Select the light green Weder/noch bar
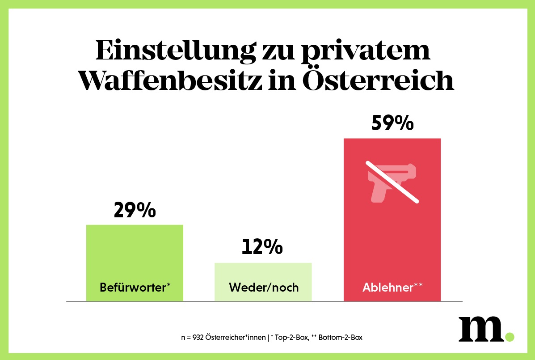pyautogui.click(x=263, y=273)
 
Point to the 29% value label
pyautogui.click(x=135, y=210)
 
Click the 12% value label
pyautogui.click(x=262, y=247)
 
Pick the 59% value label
pyautogui.click(x=392, y=123)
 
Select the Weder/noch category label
pyautogui.click(x=263, y=287)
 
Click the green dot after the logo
pyautogui.click(x=509, y=336)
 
